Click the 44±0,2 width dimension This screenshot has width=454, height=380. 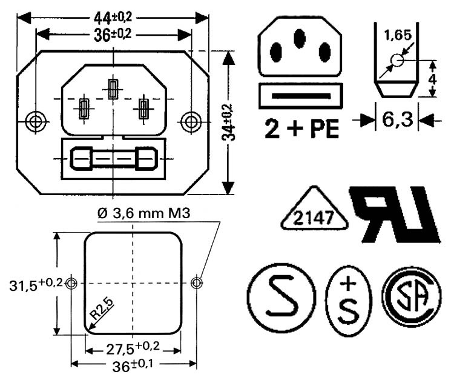(x=113, y=18)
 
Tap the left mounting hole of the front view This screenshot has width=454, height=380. (x=37, y=121)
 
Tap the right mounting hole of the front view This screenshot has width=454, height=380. (x=191, y=121)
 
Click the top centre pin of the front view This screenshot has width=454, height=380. (x=113, y=89)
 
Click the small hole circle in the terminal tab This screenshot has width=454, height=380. (x=396, y=60)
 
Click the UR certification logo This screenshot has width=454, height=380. (x=393, y=215)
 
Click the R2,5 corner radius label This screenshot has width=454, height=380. (x=102, y=310)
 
